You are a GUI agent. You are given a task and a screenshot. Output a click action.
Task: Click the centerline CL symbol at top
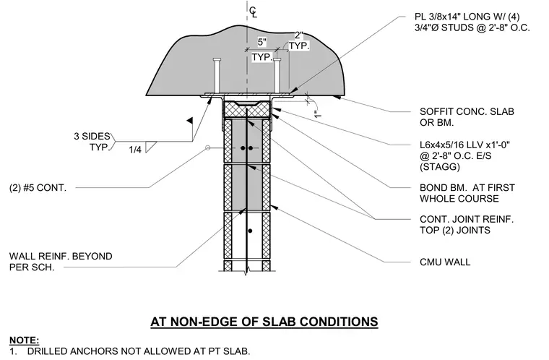[253, 12]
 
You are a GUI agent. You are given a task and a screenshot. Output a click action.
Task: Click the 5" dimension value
[262, 42]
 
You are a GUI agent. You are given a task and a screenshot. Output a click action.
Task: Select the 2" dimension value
[298, 35]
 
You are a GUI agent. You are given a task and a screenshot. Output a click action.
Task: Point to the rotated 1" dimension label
[318, 114]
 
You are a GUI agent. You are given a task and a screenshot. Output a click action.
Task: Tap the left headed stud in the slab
[217, 75]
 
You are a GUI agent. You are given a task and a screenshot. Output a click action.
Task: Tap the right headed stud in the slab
[277, 75]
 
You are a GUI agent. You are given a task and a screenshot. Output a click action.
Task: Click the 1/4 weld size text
[135, 150]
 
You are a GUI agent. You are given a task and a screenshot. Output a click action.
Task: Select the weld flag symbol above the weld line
[190, 121]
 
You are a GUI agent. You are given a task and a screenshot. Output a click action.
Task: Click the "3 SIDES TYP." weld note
[92, 142]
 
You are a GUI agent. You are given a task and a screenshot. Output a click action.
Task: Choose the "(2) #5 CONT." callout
[38, 188]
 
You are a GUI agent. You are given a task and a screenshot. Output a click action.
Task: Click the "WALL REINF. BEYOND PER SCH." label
[61, 262]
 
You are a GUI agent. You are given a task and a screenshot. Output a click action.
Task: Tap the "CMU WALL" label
[445, 262]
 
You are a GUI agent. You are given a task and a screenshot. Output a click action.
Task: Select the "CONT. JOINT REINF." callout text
[467, 220]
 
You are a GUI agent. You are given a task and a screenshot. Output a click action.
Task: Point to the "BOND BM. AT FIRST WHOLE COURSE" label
[467, 193]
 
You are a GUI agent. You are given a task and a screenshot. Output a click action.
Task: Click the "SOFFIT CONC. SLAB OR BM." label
[467, 117]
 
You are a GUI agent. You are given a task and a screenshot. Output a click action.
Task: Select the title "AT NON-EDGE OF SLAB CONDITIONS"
[264, 322]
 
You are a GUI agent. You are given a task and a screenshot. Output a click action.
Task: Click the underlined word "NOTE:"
[24, 340]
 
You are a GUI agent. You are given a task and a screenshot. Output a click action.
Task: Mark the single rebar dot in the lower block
[250, 231]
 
